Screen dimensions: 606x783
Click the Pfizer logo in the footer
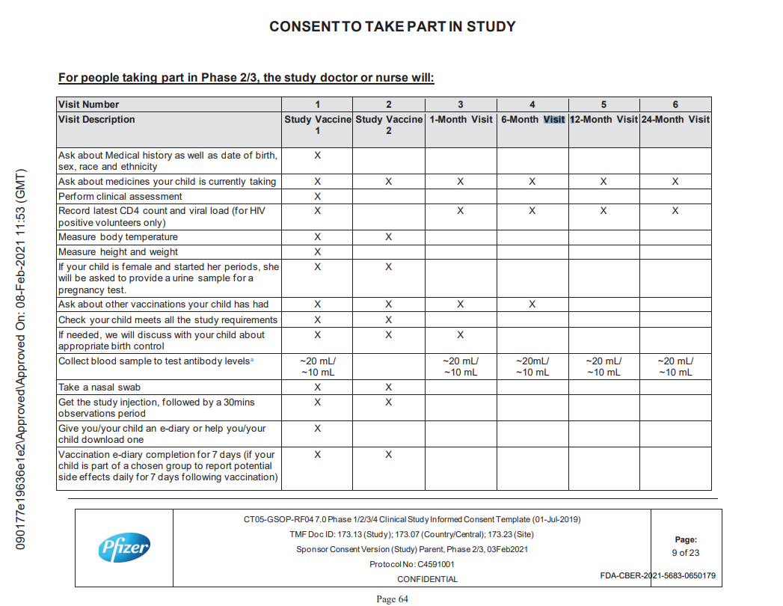point(124,548)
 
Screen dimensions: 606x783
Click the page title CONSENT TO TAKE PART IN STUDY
point(392,27)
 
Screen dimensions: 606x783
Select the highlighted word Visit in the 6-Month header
point(554,120)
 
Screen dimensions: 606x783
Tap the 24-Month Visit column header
point(675,120)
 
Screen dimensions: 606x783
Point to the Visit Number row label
point(89,105)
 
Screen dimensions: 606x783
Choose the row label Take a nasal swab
point(99,388)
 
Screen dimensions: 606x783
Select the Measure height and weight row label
point(118,252)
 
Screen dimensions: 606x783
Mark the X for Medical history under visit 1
point(317,156)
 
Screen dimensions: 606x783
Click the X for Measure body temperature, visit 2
point(388,237)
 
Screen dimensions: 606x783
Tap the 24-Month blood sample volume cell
point(675,367)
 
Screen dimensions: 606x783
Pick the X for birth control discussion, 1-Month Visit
point(460,335)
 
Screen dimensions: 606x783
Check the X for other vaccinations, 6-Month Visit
point(532,304)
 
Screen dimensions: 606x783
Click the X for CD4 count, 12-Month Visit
point(604,211)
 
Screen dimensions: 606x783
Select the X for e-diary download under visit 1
point(317,429)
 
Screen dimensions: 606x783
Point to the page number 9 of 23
point(685,553)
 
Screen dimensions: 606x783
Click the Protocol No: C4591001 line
point(411,565)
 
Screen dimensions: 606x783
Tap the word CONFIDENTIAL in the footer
point(427,579)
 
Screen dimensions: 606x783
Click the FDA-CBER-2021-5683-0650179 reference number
point(657,576)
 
